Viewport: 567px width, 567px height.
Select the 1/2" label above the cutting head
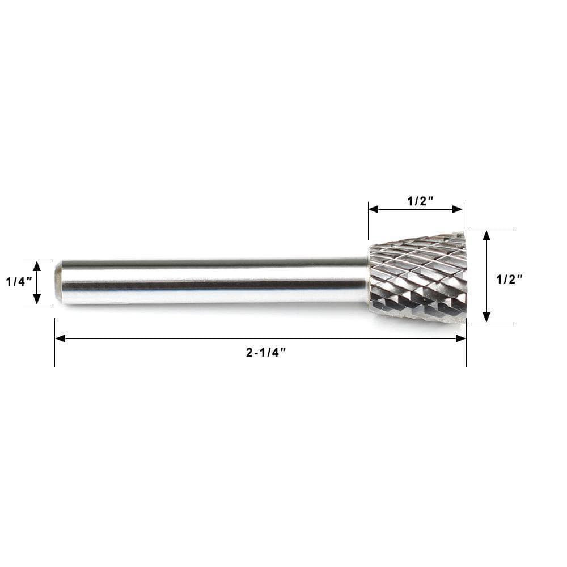[x=420, y=201]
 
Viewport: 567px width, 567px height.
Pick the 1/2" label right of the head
[x=510, y=279]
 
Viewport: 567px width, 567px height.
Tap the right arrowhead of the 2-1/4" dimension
[x=461, y=338]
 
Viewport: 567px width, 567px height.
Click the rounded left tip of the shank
[x=58, y=282]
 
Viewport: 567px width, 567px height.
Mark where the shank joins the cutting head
[x=369, y=281]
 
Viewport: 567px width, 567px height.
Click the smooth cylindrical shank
[x=215, y=282]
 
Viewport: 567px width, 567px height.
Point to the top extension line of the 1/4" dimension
[x=37, y=261]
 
